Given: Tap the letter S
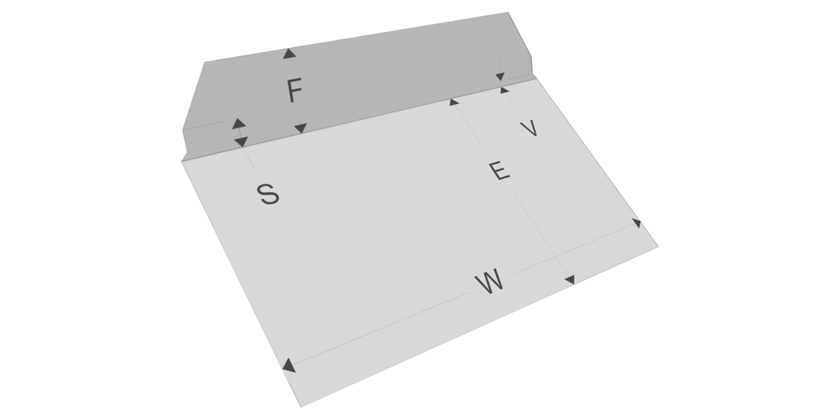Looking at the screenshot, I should [269, 195].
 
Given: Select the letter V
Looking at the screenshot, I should [528, 128].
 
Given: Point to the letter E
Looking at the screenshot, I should [499, 171].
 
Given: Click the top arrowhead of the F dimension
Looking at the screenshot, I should [289, 53].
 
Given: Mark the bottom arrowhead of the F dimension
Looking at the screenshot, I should [301, 128].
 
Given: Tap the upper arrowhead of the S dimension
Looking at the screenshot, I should [238, 123].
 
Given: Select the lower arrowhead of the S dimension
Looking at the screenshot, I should [241, 142].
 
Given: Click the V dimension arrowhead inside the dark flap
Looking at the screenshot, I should [500, 76].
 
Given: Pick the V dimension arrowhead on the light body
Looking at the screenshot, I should [504, 90].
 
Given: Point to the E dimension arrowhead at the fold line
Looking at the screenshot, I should [454, 101].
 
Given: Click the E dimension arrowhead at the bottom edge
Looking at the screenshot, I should [570, 280].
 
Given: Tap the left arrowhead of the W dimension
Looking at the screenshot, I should [289, 365].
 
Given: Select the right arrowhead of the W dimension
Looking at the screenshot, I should [637, 223].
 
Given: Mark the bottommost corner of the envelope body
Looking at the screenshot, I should [301, 406].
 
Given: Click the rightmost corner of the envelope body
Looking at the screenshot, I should [658, 246].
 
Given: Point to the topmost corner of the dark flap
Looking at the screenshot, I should [508, 13].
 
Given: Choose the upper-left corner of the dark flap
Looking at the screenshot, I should [205, 62].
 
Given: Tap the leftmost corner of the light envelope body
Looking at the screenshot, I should [182, 161].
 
